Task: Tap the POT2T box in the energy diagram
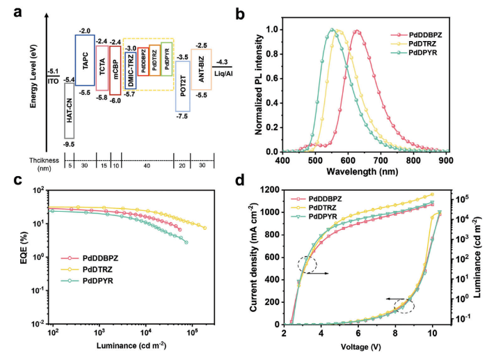[x=183, y=86]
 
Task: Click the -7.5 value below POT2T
[x=183, y=117]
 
